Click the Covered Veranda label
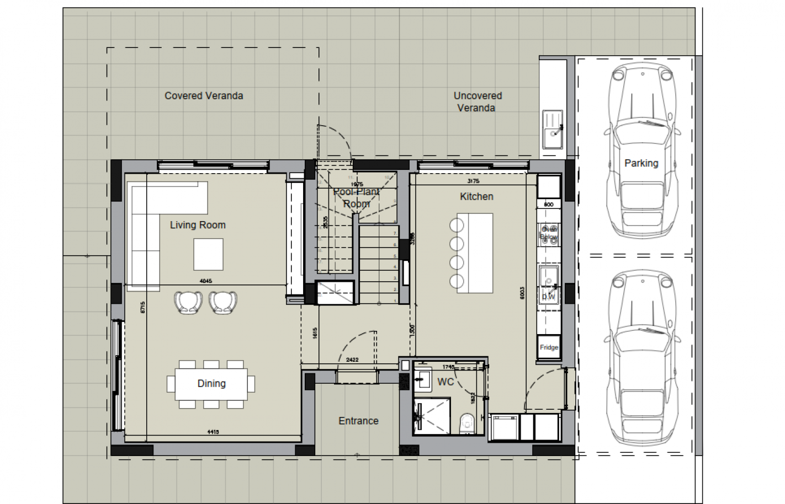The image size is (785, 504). click(204, 95)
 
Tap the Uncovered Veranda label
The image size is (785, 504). click(477, 102)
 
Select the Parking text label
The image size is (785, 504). click(641, 163)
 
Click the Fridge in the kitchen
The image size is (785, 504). click(548, 347)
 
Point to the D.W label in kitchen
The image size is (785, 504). click(548, 297)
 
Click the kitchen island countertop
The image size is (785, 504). click(475, 253)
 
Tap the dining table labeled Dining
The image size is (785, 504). click(211, 384)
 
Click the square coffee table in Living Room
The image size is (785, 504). click(208, 254)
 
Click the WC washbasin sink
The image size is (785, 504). click(423, 379)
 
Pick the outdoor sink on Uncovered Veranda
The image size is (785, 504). click(552, 130)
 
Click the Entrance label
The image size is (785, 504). click(358, 421)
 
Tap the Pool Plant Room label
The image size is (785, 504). click(356, 198)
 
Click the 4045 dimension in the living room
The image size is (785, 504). click(205, 281)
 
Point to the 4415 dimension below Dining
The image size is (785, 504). click(213, 432)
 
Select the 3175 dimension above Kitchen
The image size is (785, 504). click(473, 181)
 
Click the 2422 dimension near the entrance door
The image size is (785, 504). click(352, 360)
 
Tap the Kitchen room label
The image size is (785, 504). click(476, 196)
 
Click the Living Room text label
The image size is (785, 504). click(198, 225)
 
